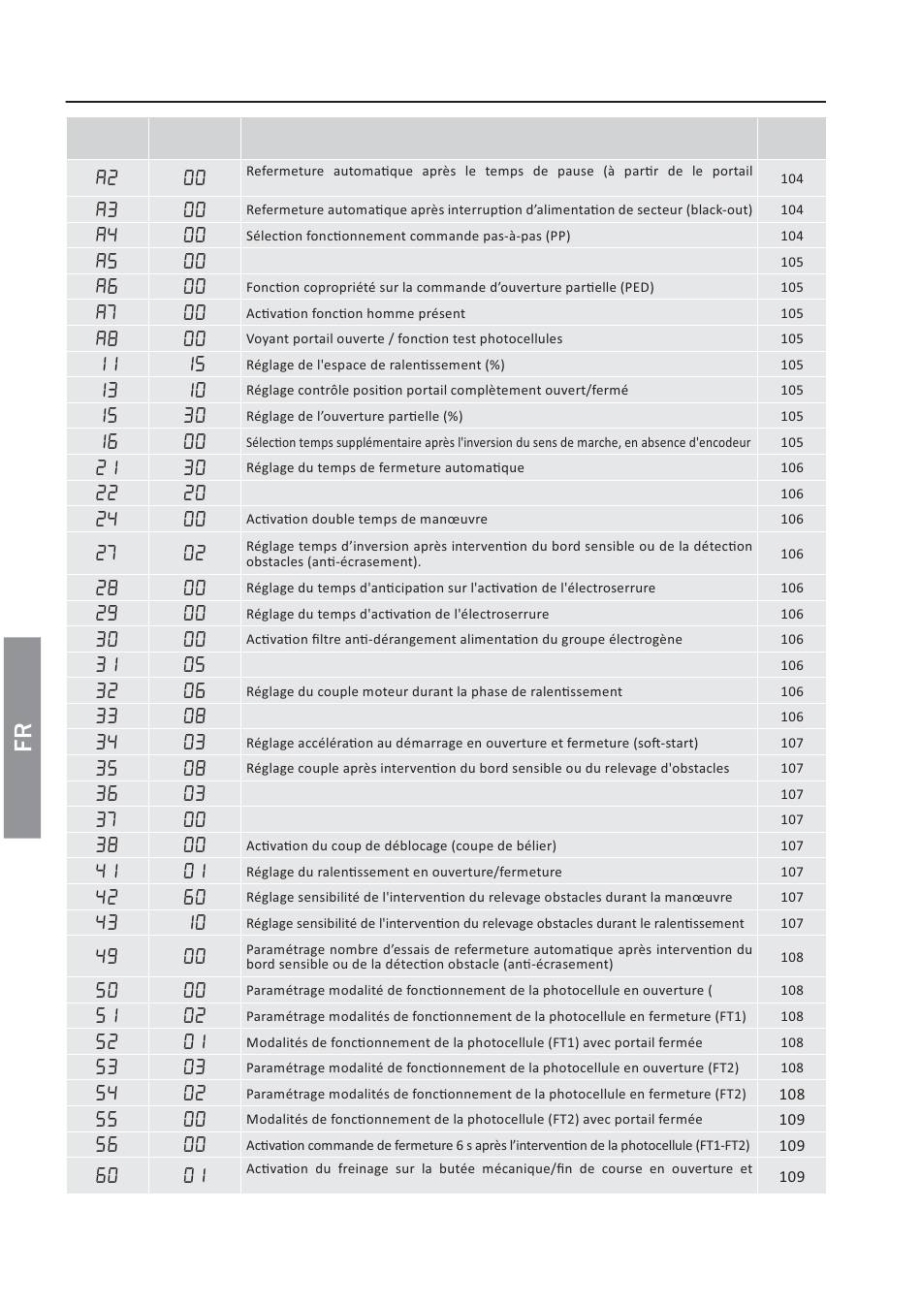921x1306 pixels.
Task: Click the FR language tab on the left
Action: (x=22, y=737)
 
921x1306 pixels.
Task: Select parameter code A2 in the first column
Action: (x=107, y=177)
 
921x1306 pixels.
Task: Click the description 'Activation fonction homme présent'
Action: (x=356, y=313)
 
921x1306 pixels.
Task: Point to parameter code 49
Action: (x=107, y=956)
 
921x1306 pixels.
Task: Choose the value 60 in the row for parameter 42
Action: (x=195, y=897)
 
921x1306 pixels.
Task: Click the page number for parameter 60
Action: (x=791, y=1176)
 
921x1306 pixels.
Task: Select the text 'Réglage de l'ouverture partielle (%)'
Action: (x=355, y=416)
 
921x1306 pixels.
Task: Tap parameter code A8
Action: (x=107, y=338)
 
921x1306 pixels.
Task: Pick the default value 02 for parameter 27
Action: (x=195, y=553)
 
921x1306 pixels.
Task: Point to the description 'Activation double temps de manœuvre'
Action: (x=366, y=519)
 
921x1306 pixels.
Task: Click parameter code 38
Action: (x=107, y=845)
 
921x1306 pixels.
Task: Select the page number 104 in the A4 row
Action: (x=791, y=236)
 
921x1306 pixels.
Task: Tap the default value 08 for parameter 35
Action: (x=195, y=768)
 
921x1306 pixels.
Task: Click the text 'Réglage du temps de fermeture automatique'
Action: (x=385, y=467)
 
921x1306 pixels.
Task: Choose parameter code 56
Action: (x=107, y=1144)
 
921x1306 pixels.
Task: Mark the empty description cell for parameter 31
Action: (x=498, y=665)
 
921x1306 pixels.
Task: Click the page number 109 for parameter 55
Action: (x=791, y=1119)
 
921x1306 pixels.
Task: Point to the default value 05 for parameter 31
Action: (x=195, y=665)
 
